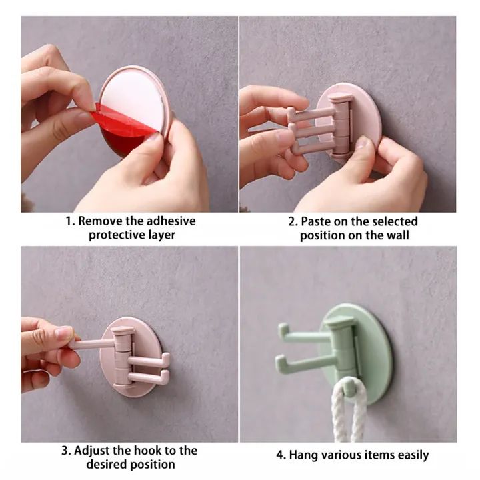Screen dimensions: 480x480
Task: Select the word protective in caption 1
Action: [x=115, y=235]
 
